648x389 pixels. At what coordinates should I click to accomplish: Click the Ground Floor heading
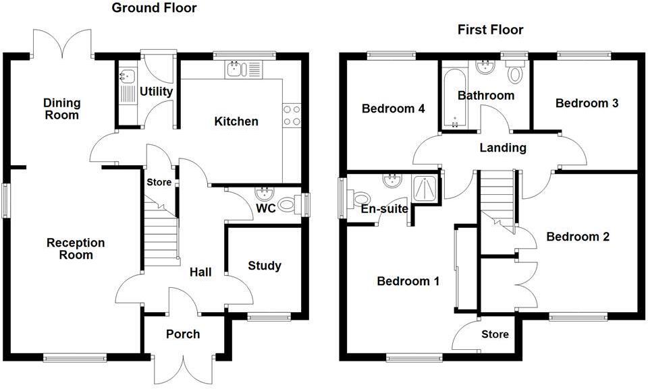154,8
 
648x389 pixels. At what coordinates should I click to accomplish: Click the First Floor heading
491,30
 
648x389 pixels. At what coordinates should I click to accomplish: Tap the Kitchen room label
236,121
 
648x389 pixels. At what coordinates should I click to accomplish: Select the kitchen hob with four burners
292,115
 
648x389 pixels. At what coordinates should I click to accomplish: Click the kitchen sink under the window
244,69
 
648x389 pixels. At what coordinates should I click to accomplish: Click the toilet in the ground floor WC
290,204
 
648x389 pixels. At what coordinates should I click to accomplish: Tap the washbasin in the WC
264,193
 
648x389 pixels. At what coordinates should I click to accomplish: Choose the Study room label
265,266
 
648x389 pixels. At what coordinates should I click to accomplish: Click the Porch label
183,334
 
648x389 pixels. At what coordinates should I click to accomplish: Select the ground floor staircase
161,231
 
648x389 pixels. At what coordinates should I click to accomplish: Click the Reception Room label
76,249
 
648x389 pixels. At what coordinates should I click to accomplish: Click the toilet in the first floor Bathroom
515,71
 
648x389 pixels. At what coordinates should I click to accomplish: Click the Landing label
503,148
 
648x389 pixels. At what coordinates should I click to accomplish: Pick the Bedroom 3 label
587,103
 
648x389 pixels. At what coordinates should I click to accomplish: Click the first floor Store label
495,334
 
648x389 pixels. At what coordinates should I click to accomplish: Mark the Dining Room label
62,109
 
